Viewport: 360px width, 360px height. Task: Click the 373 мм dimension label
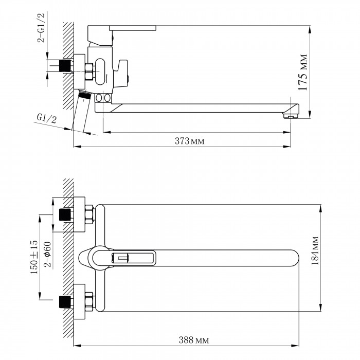189,141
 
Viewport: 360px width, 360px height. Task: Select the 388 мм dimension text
194,340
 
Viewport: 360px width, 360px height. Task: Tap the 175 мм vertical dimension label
303,73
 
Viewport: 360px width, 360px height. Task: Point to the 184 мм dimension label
315,250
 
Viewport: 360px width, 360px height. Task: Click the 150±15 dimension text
34,257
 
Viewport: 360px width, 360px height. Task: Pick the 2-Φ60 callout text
47,254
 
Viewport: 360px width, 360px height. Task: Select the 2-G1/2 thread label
41,28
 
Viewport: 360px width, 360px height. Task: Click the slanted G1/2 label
47,119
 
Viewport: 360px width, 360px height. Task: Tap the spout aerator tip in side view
291,116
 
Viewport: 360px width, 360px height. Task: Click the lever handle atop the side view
133,28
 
